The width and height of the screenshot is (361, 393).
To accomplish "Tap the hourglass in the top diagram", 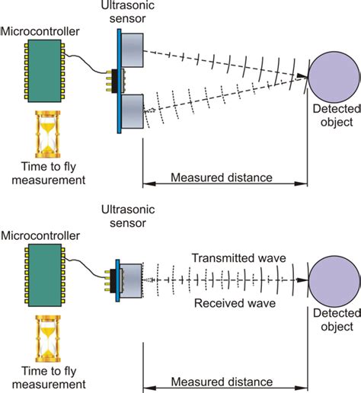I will [x=44, y=133].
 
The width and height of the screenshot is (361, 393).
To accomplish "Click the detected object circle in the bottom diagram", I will [x=334, y=282].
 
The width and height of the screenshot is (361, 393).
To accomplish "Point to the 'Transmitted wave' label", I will [x=238, y=258].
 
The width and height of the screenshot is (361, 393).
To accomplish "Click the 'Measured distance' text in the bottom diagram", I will [x=222, y=381].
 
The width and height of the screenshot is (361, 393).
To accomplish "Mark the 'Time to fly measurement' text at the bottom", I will [x=43, y=378].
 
